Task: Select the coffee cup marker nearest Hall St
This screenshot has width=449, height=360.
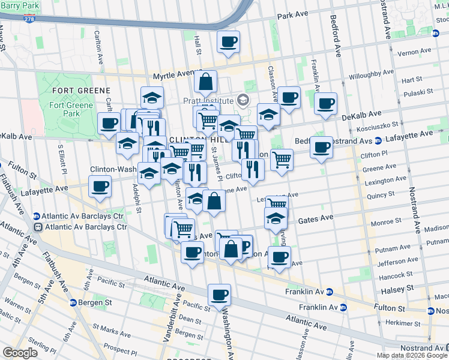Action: coord(228,42)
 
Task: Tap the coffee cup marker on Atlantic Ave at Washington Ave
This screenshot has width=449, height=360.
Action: coord(219,295)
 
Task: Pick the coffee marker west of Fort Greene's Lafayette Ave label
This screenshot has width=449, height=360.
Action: coord(100,186)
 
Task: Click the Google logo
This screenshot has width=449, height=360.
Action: coord(20,352)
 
